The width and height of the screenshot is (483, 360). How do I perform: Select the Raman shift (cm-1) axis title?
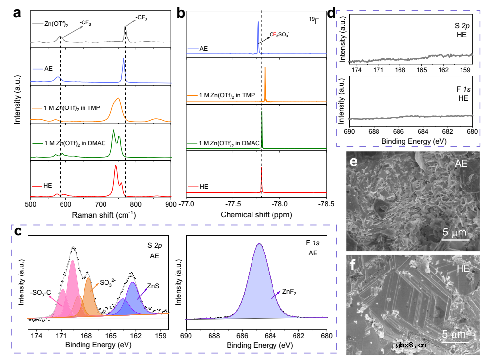101,214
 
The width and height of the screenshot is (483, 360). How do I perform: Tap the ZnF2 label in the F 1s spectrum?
290,292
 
